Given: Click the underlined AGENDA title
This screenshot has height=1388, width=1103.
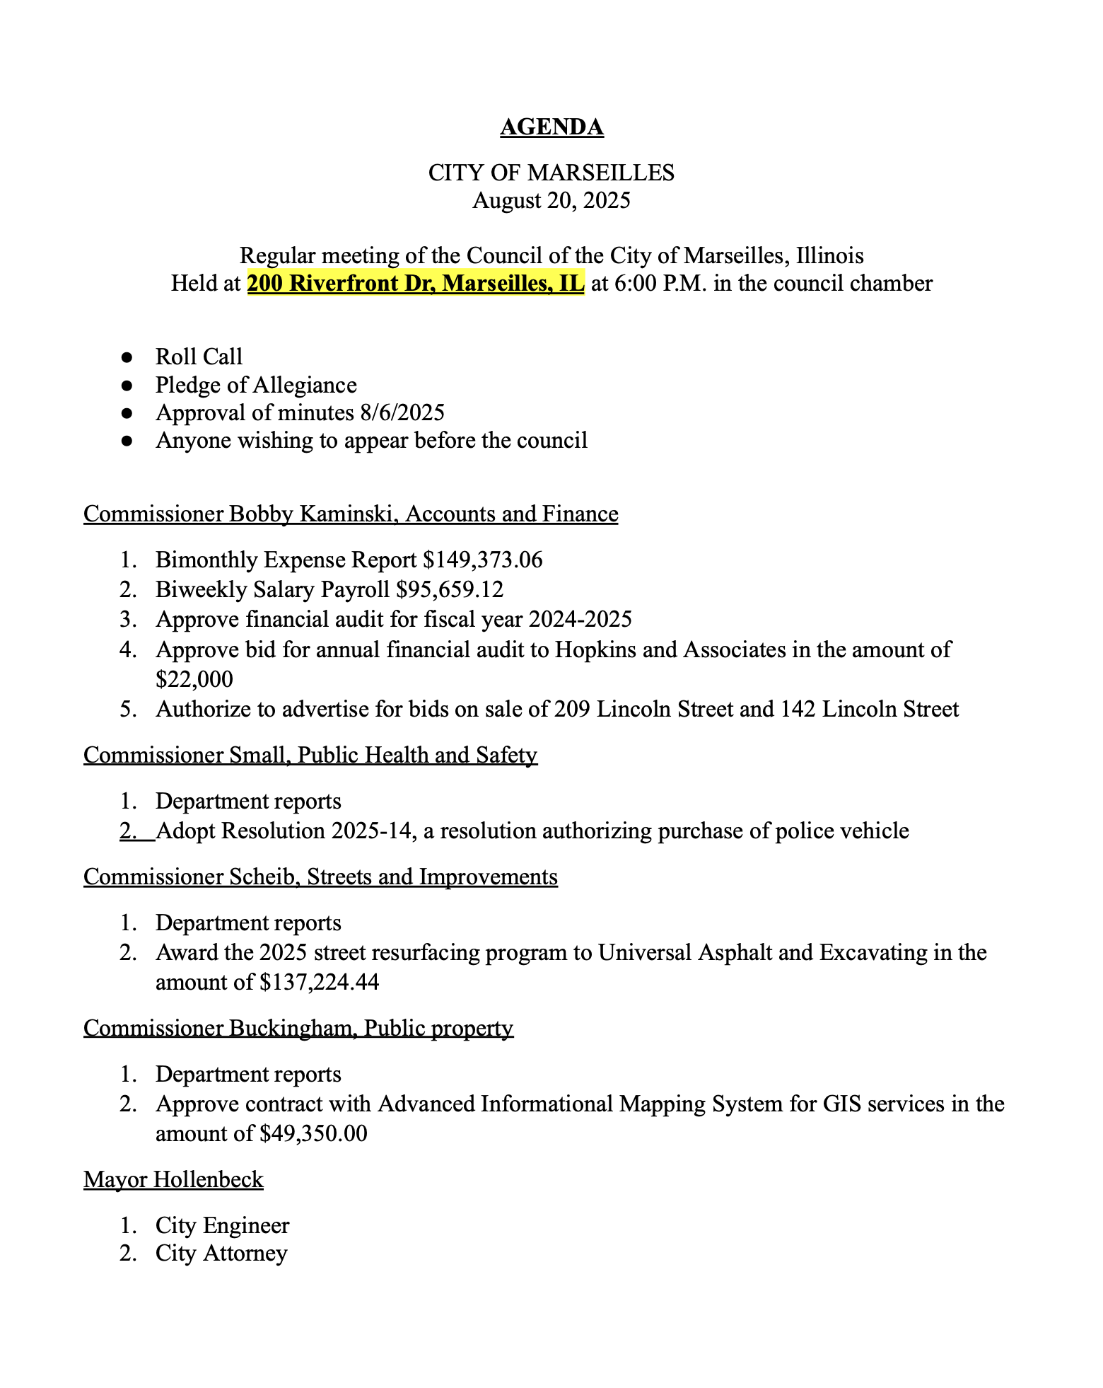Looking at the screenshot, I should pyautogui.click(x=551, y=127).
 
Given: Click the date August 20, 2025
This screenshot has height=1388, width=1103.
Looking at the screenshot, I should pyautogui.click(x=551, y=201).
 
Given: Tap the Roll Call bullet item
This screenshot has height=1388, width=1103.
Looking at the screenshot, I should pyautogui.click(x=199, y=357).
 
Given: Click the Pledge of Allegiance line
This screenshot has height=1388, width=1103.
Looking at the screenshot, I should pyautogui.click(x=256, y=385).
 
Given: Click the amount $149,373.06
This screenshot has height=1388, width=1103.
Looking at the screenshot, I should pyautogui.click(x=483, y=560).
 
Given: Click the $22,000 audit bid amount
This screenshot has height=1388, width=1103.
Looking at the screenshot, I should pyautogui.click(x=194, y=679).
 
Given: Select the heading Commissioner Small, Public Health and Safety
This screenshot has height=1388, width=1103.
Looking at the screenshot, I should pyautogui.click(x=310, y=755).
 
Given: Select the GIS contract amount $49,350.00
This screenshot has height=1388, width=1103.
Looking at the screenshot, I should pyautogui.click(x=313, y=1133).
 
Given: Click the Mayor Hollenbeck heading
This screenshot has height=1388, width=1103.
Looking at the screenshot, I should pyautogui.click(x=173, y=1179).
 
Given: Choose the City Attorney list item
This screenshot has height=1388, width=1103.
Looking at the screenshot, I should pyautogui.click(x=221, y=1253).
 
